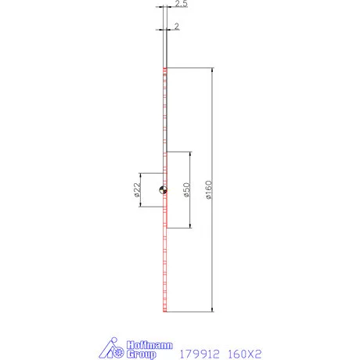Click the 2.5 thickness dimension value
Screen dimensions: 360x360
point(181,5)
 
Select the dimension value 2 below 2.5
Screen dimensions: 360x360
point(178,26)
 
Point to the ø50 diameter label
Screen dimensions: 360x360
point(185,190)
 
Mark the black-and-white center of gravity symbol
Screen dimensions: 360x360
point(162,189)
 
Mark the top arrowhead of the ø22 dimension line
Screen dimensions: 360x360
point(141,175)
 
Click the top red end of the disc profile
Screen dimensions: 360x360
point(165,70)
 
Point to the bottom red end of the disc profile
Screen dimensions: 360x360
point(165,311)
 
